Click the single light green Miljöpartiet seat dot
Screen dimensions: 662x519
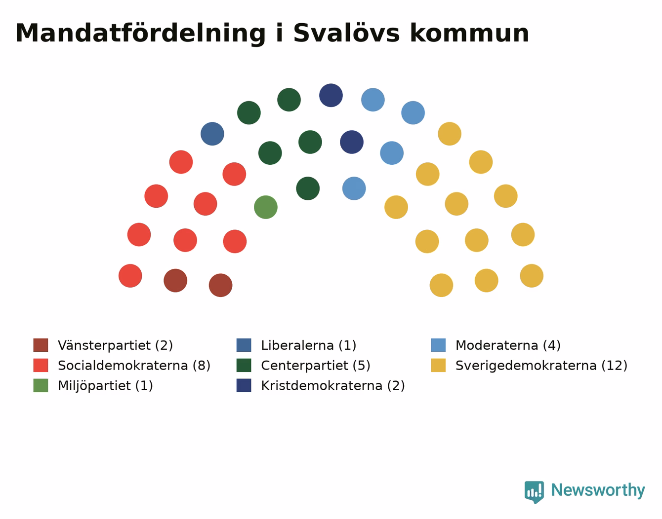point(266,207)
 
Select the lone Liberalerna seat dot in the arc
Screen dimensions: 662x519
point(212,134)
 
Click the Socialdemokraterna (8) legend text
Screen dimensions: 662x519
point(134,366)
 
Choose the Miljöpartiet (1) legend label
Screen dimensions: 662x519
point(105,385)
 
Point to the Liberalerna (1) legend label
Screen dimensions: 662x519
point(309,345)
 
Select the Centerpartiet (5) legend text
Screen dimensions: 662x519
point(316,366)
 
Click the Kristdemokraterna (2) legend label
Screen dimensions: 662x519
point(333,385)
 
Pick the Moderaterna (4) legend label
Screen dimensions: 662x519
point(508,345)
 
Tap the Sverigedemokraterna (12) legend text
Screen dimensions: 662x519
point(541,366)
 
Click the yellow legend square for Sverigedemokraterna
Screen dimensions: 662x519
point(438,365)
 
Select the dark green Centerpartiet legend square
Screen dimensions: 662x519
point(244,365)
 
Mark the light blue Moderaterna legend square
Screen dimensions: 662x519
point(438,345)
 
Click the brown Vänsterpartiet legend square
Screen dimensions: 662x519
point(41,345)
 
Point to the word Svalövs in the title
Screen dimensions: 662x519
point(346,33)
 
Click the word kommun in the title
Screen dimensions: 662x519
point(469,33)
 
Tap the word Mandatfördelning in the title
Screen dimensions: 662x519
point(140,34)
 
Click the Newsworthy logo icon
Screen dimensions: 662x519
point(534,492)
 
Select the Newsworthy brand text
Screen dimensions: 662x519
point(598,490)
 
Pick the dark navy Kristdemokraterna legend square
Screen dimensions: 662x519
point(244,385)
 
